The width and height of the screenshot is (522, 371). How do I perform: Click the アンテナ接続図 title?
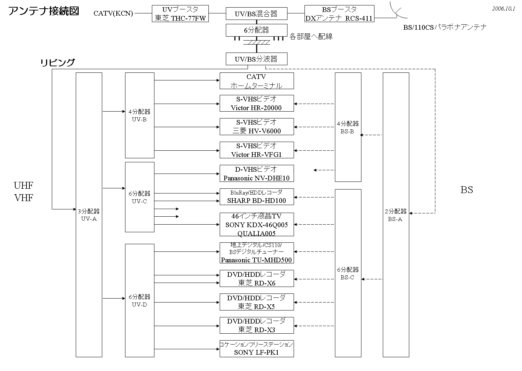(43, 11)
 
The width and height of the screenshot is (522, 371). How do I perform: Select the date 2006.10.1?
(504, 9)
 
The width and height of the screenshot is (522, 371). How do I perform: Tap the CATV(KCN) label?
(113, 14)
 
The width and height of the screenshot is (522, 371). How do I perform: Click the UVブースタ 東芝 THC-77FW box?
(180, 14)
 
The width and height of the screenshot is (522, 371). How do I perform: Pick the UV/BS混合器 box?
(256, 14)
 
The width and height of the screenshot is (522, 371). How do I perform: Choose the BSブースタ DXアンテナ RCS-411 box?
(339, 14)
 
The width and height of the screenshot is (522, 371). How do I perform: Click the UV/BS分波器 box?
(256, 59)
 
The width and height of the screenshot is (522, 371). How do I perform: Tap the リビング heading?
(57, 63)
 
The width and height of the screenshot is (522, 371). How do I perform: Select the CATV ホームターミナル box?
(256, 81)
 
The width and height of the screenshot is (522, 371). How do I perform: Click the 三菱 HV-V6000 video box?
(256, 127)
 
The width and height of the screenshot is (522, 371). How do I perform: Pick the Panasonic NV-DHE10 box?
(256, 174)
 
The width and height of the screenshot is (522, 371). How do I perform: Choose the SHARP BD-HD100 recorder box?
(256, 197)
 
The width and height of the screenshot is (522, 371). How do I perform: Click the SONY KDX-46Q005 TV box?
(256, 225)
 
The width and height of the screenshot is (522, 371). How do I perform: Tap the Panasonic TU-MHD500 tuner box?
(256, 253)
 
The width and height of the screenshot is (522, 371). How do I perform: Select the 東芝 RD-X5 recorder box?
(256, 302)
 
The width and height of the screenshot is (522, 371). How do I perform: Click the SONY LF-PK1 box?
(256, 349)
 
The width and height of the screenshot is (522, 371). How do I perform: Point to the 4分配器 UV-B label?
(139, 116)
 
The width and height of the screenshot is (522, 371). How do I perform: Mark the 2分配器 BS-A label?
(395, 215)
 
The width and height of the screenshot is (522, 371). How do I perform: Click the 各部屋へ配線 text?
(311, 37)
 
